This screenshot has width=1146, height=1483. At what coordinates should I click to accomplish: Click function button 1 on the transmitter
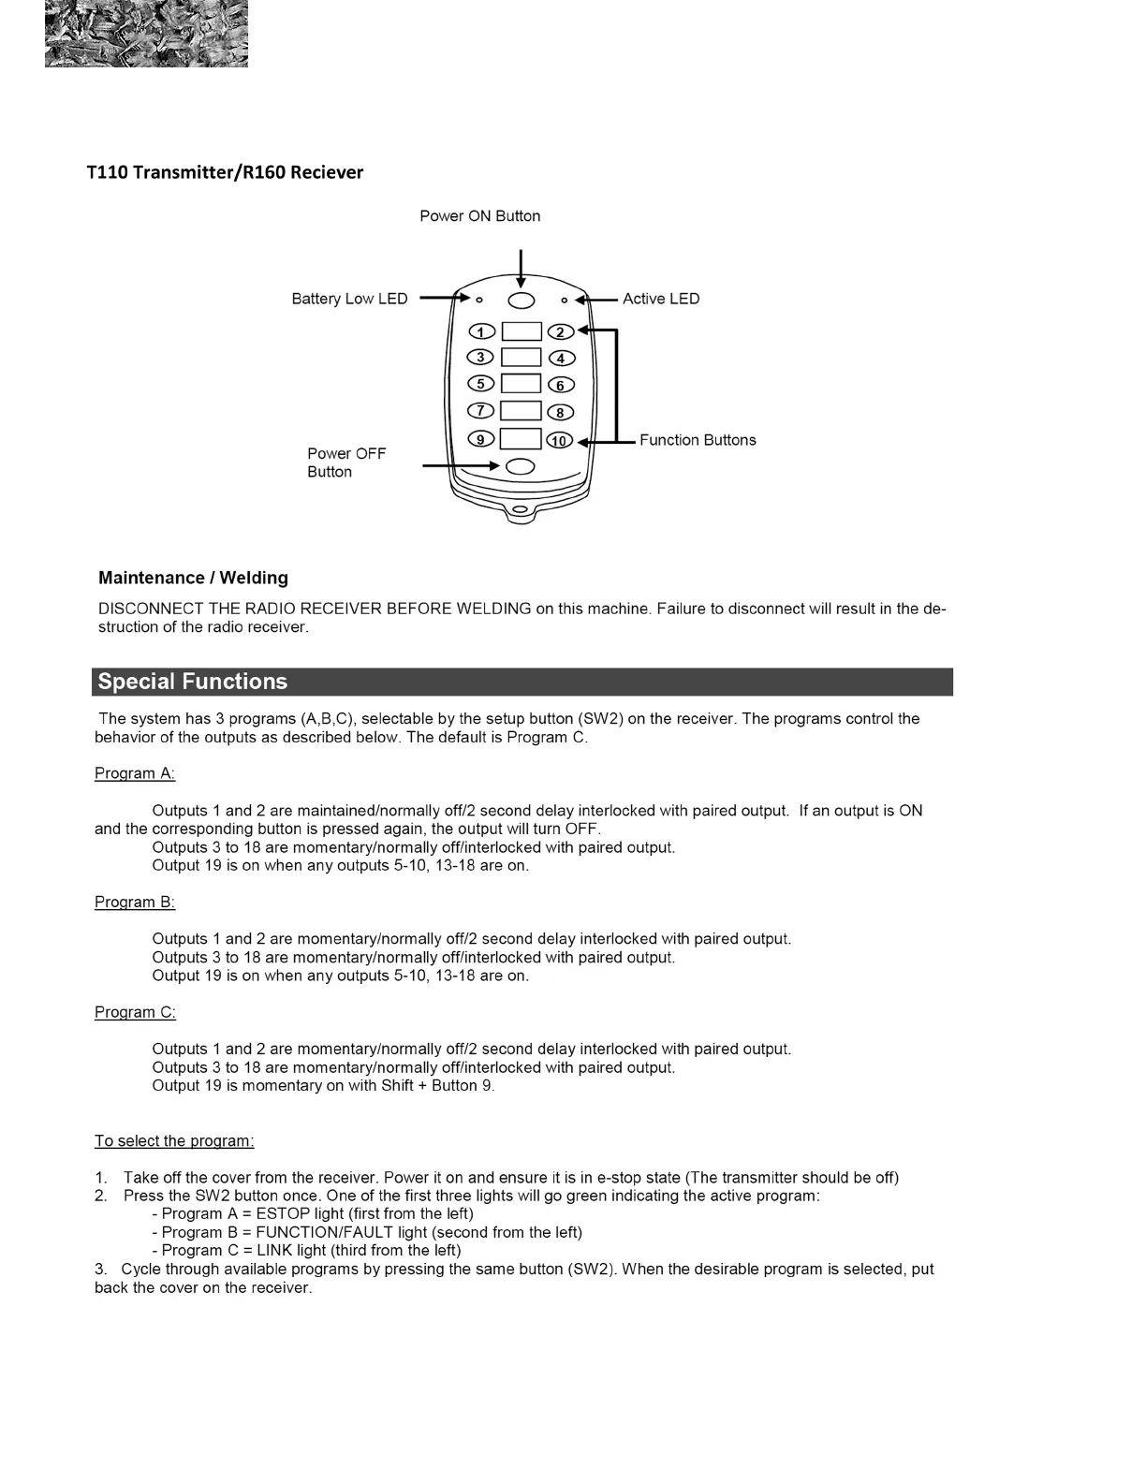tap(481, 331)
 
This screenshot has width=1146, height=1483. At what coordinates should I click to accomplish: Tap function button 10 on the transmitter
tap(560, 440)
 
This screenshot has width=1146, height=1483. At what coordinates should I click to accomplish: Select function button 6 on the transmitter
tap(561, 385)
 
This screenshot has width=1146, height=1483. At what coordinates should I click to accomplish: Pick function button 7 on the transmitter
tap(481, 411)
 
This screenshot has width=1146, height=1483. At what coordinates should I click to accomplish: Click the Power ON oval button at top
tap(522, 300)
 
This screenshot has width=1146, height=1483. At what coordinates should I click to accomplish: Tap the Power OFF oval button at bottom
tap(521, 466)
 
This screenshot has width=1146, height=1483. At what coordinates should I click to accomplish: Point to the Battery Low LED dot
tap(479, 301)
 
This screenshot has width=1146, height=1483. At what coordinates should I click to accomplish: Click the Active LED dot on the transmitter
tap(564, 301)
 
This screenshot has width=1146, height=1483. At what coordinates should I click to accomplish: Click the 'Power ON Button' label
tap(479, 216)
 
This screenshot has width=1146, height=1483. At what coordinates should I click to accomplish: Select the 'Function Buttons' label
tap(698, 440)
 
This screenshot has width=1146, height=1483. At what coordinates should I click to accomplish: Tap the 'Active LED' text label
tap(661, 299)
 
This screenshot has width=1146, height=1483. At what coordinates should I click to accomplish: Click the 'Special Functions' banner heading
tap(193, 682)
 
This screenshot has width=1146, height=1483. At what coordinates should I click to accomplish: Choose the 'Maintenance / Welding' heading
tap(193, 578)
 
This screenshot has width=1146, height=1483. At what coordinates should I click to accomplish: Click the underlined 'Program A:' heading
tap(135, 773)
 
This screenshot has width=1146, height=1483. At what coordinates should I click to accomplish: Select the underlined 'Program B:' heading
tap(135, 902)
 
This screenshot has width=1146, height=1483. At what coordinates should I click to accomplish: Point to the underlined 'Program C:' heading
tap(135, 1012)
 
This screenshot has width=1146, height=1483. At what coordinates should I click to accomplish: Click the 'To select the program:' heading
tap(174, 1140)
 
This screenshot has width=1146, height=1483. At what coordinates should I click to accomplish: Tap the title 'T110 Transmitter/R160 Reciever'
tap(225, 172)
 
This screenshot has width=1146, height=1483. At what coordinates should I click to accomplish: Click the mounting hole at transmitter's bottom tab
tap(521, 509)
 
